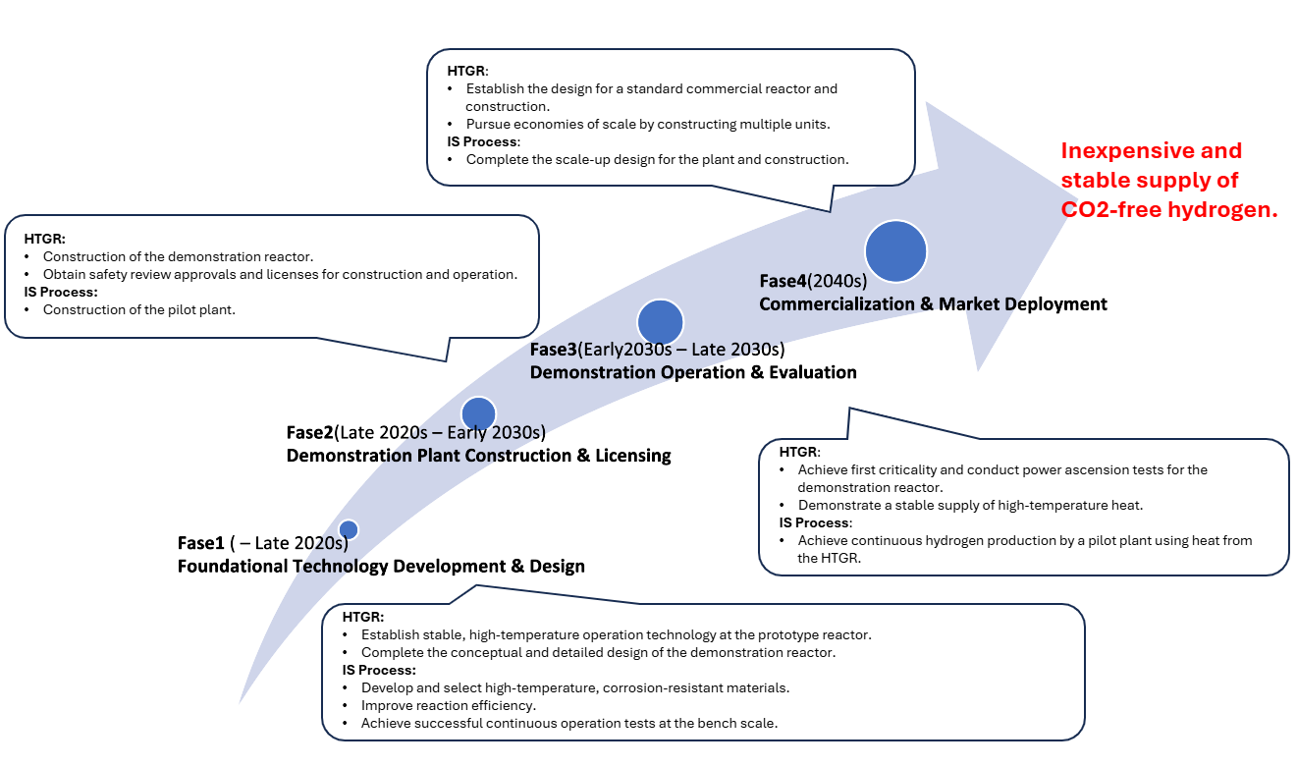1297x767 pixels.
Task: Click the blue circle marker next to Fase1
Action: tap(348, 529)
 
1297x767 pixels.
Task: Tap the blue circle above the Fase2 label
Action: tap(478, 414)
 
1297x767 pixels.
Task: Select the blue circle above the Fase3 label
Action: tap(660, 322)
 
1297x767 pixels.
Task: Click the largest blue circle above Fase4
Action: tap(895, 251)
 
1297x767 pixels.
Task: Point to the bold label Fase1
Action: tap(201, 543)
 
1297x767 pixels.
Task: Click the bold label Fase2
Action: tap(309, 432)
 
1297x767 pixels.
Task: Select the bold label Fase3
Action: tap(553, 350)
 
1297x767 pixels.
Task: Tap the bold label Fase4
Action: tap(783, 281)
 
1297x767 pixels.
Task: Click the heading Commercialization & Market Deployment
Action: tap(933, 304)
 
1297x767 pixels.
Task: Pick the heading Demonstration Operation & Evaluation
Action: tap(693, 373)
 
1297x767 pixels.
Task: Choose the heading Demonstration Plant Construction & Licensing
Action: tap(478, 456)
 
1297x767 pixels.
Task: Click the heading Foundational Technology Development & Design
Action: tap(381, 567)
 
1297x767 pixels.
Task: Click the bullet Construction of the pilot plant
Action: tap(138, 309)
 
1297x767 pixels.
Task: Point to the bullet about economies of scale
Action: tap(648, 124)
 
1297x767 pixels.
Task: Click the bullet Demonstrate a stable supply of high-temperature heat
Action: tap(970, 505)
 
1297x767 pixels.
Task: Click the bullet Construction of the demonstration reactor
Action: tap(178, 256)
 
